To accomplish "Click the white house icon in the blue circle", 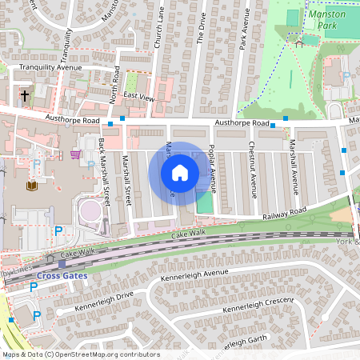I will click(180, 172).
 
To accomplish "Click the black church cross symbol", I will click(25, 96).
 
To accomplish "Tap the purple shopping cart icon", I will click(75, 154).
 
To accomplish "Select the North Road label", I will click(115, 84).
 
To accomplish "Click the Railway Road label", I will click(284, 213).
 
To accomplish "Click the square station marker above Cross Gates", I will click(62, 263).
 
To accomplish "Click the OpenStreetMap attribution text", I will click(81, 354).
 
